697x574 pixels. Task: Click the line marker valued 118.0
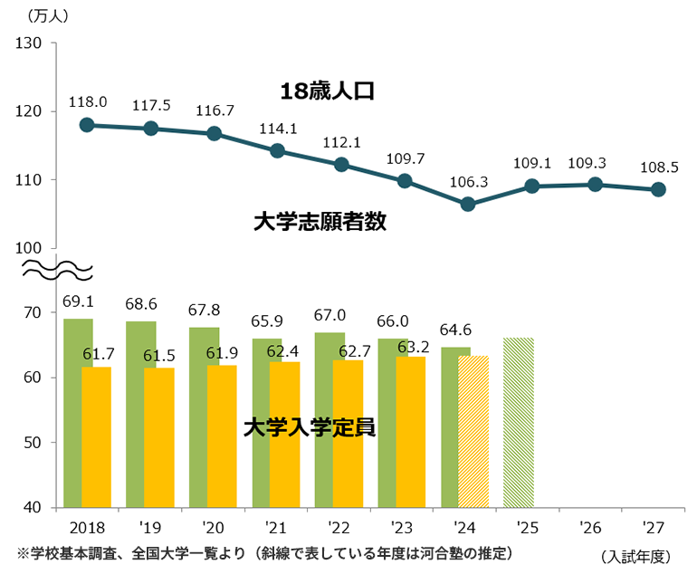coord(87,125)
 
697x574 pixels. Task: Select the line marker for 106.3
coord(468,205)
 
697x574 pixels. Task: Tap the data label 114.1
coord(277,129)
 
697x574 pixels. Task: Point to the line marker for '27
coord(658,189)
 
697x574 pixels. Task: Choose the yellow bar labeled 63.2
coord(411,431)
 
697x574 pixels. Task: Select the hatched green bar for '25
coord(519,422)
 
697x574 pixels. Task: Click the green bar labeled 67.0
coord(329,419)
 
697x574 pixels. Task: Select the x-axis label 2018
coord(87,525)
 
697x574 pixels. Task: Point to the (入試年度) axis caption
coord(636,555)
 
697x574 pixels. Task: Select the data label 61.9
coord(222,352)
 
